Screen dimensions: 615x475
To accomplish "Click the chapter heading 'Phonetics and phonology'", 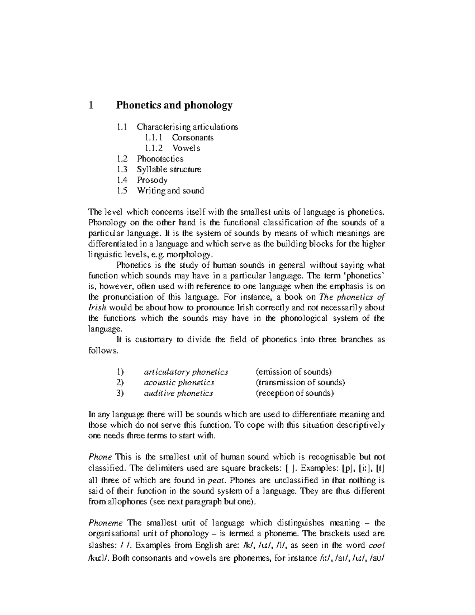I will (174, 105).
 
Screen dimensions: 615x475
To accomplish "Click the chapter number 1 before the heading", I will (91, 105).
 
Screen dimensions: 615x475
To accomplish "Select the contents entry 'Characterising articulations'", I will (187, 127).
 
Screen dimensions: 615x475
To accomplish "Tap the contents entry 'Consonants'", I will (192, 138).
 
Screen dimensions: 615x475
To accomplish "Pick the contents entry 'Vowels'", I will (186, 149).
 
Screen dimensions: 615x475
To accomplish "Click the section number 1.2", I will (122, 159).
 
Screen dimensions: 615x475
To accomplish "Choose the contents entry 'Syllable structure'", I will (169, 170).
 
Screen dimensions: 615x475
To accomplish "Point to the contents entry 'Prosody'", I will (152, 181).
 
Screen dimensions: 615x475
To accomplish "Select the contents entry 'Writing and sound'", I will (170, 191).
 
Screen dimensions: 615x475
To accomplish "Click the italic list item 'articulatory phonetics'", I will (186, 372).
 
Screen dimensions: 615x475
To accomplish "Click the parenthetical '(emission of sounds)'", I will (293, 372).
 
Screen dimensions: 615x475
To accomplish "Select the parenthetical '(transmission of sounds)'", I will (300, 383).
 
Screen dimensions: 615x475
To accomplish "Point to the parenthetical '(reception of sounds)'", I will (294, 394).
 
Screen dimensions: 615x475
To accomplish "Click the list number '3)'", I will (120, 394).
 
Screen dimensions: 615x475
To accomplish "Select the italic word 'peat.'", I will (217, 481).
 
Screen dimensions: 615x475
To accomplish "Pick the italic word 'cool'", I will (376, 545).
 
